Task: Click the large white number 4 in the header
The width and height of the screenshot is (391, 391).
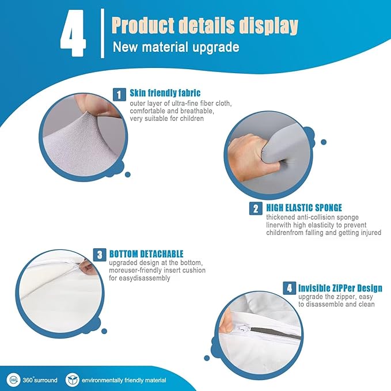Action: (73, 33)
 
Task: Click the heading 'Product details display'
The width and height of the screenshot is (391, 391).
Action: (205, 26)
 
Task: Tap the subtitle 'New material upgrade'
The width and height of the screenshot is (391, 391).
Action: (176, 47)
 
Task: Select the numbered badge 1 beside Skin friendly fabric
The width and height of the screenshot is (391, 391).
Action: (119, 94)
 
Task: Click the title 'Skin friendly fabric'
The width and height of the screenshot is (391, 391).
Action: (165, 93)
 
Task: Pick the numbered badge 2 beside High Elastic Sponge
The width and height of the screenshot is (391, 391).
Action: (256, 208)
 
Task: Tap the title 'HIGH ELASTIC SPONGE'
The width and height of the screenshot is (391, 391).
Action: (304, 208)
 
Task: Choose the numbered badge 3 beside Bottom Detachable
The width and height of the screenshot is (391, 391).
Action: (100, 255)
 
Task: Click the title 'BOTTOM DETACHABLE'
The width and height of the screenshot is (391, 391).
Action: (146, 254)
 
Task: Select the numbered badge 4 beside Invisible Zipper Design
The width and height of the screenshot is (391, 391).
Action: (289, 288)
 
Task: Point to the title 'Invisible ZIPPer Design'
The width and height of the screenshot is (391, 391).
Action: (340, 288)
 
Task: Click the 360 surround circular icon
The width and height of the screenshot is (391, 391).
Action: (13, 380)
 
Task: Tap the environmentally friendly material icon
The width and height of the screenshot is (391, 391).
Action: (73, 380)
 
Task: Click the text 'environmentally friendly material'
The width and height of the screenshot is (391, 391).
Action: (124, 380)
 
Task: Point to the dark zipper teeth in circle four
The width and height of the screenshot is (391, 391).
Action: (275, 333)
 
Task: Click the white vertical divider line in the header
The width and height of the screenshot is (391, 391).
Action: (103, 33)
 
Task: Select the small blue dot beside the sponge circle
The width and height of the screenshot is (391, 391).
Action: (324, 142)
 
